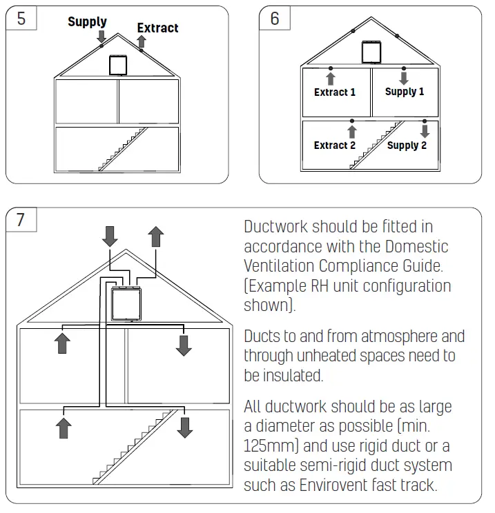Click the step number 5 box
(21, 18)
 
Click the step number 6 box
(274, 18)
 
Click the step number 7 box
(21, 220)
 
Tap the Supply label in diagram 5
(87, 21)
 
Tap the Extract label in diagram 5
(157, 28)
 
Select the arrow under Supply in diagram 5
(101, 36)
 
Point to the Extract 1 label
(335, 92)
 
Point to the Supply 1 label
(405, 91)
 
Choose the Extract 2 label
(335, 145)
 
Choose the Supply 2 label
(407, 145)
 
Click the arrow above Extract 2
(352, 131)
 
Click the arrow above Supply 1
(404, 77)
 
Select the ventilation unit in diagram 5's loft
(118, 65)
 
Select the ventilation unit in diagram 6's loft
(371, 52)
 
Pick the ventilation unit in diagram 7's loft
(126, 304)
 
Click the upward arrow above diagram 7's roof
(156, 237)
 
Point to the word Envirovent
(334, 485)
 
